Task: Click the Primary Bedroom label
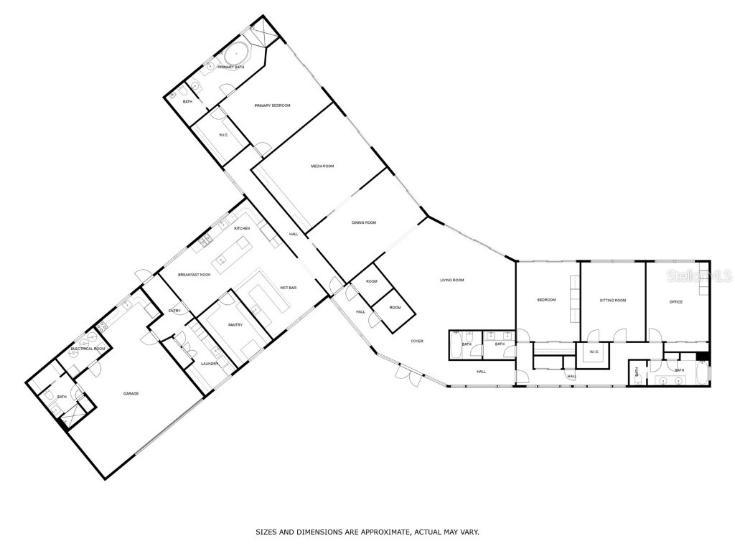(x=272, y=105)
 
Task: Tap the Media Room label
(x=322, y=166)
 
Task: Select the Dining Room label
(x=364, y=222)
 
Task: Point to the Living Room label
(x=452, y=280)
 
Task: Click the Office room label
(x=675, y=302)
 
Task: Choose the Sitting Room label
(x=613, y=300)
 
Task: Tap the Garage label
(x=131, y=393)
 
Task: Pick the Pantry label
(x=235, y=325)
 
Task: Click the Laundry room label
(x=210, y=364)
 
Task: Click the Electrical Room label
(x=88, y=349)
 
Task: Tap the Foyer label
(x=417, y=341)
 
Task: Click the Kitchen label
(x=242, y=228)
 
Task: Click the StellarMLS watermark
(x=703, y=275)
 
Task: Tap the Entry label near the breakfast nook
(x=174, y=311)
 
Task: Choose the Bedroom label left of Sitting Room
(x=547, y=300)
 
